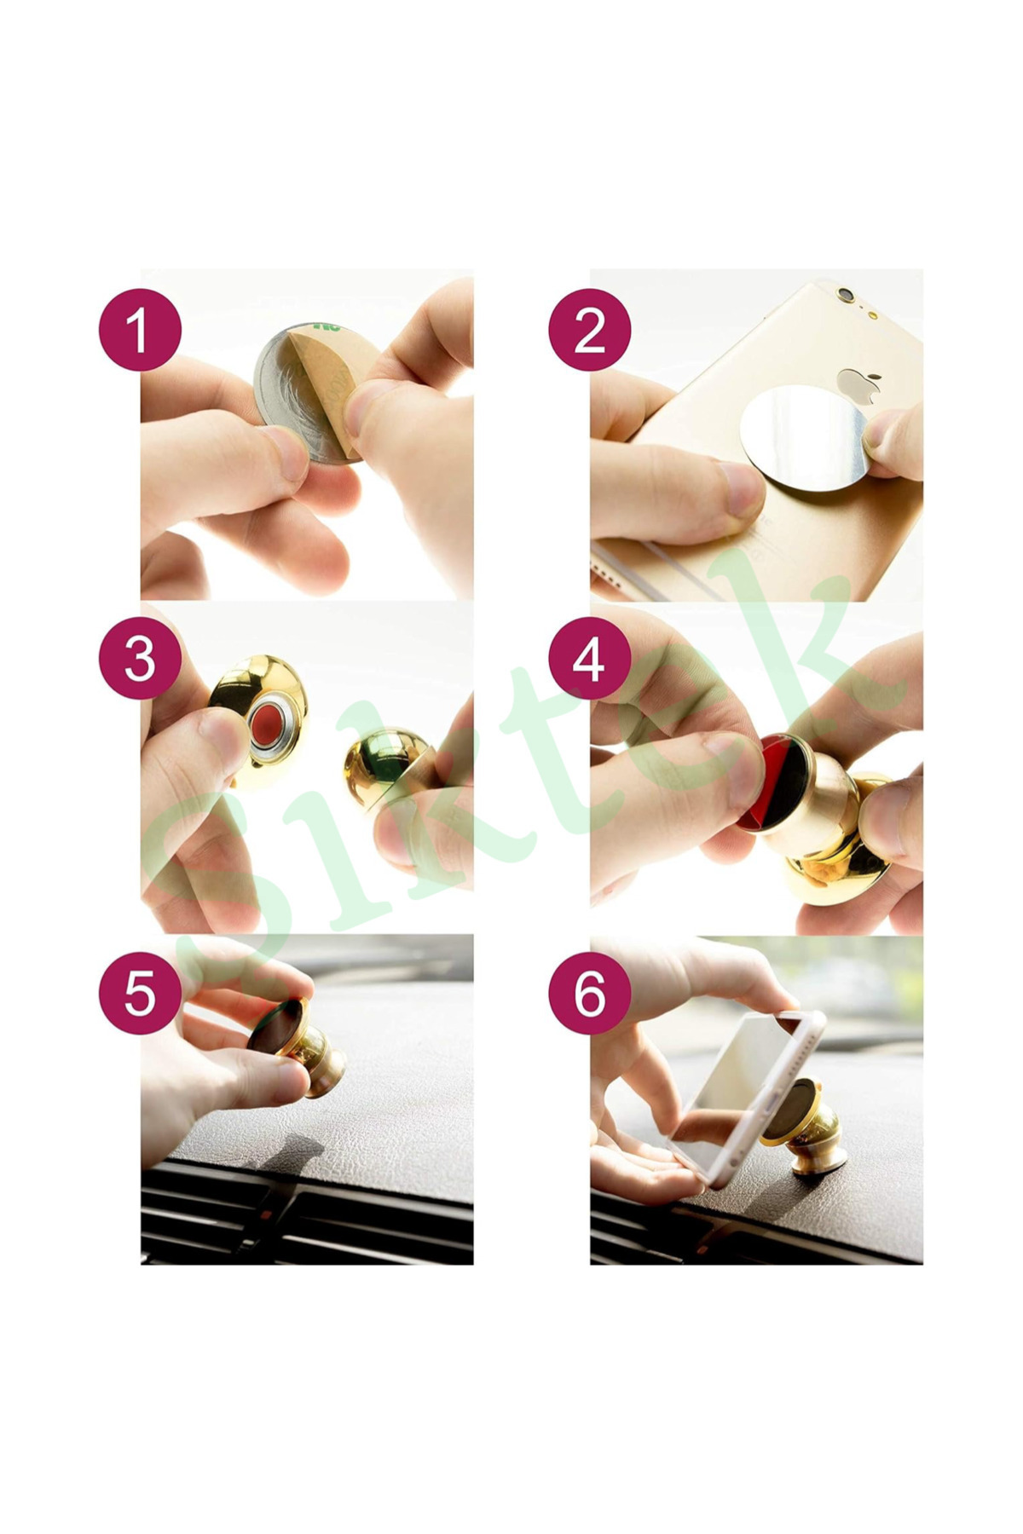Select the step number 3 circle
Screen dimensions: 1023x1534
tap(140, 658)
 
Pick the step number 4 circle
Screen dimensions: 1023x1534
tap(589, 658)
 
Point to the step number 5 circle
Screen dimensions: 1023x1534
tap(140, 992)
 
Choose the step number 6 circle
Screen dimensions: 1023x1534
tap(589, 992)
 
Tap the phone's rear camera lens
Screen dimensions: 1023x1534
tap(845, 294)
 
